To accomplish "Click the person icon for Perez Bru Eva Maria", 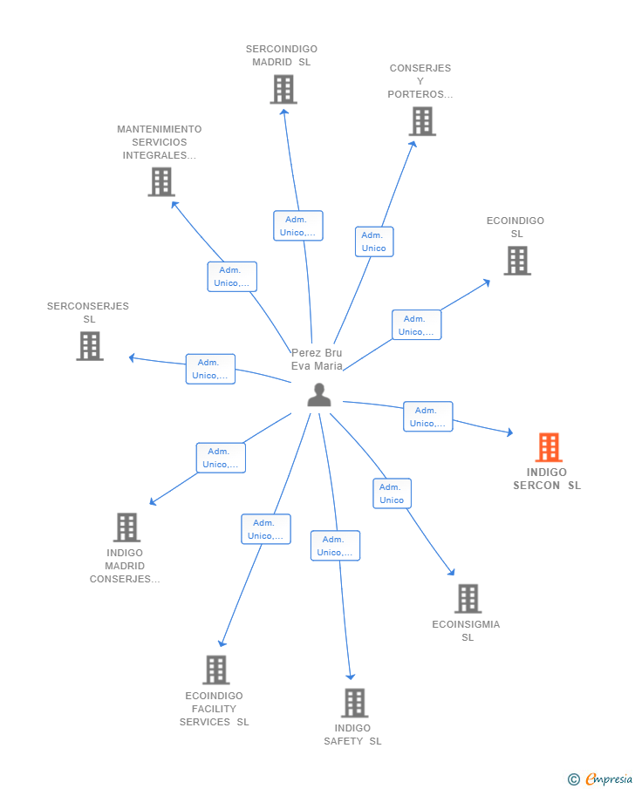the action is click(x=319, y=394).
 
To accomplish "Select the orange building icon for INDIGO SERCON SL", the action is click(x=549, y=447).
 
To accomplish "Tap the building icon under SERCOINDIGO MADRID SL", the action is click(x=283, y=89).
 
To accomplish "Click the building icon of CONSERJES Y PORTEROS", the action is click(x=422, y=121).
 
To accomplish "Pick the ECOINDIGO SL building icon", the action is click(x=517, y=261).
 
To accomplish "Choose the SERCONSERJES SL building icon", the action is click(x=90, y=346).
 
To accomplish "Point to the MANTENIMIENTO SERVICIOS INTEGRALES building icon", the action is click(x=161, y=181).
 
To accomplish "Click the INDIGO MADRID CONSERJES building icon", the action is click(x=126, y=527).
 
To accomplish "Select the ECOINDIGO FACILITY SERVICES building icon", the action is click(x=216, y=670).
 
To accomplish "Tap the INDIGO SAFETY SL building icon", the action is click(x=354, y=703).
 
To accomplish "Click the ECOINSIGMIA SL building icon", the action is click(x=468, y=598).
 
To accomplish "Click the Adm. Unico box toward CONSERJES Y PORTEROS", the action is click(x=374, y=241).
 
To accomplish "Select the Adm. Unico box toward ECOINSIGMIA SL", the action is click(x=392, y=493).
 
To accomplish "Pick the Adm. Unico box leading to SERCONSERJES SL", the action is click(x=210, y=369).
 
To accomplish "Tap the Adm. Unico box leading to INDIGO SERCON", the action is click(x=428, y=417).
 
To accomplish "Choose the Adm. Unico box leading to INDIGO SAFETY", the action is click(x=335, y=546).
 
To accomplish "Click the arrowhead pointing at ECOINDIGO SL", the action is click(x=487, y=282).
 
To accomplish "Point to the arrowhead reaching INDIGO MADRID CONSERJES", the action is click(x=154, y=501).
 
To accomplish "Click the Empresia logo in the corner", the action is click(x=600, y=779).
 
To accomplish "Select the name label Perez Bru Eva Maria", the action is click(x=317, y=359).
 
